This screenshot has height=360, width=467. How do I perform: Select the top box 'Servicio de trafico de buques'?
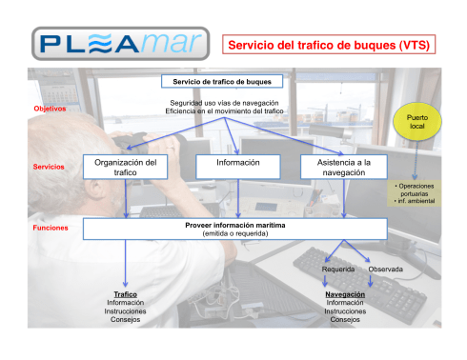222,81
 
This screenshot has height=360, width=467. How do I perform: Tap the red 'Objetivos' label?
50,109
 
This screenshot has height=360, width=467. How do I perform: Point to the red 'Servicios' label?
49,167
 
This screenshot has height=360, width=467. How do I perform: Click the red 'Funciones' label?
50,229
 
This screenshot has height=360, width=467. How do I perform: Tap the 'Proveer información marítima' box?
234,229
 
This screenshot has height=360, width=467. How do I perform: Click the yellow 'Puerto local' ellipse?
416,125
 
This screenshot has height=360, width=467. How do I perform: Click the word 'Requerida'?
338,270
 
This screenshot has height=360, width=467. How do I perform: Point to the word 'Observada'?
386,270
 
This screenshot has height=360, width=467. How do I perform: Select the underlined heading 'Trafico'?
125,294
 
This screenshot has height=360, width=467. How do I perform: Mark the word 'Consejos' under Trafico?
125,320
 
